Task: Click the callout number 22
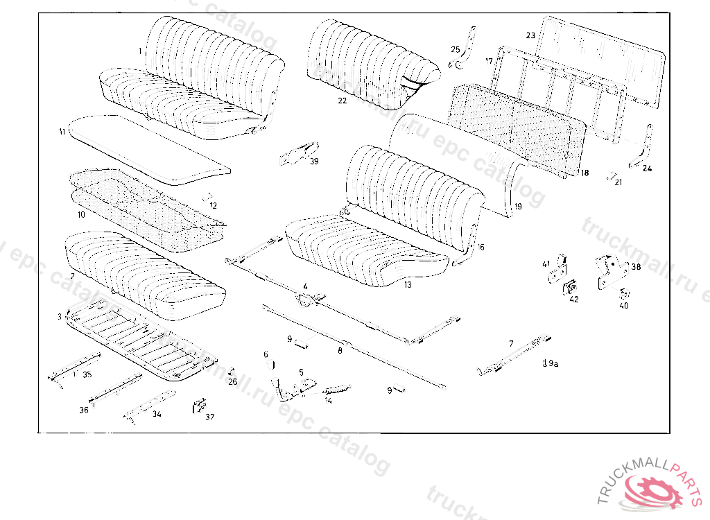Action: [343, 101]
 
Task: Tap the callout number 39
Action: [314, 162]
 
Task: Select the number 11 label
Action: [63, 131]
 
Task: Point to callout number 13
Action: [408, 284]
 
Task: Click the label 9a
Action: [551, 363]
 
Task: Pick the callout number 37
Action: [209, 417]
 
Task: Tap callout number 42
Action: [573, 299]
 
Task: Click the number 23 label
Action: [530, 35]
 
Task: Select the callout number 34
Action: [157, 414]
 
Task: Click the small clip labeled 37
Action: [200, 404]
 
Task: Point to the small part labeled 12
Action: [207, 198]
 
